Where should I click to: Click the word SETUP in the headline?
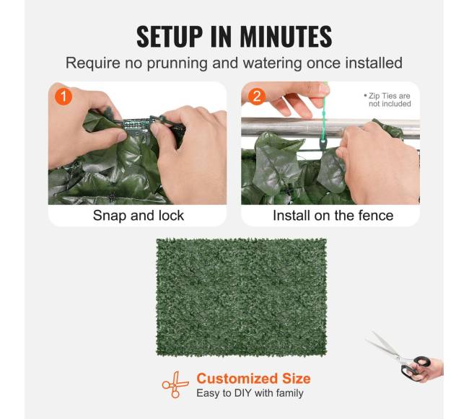[170, 37]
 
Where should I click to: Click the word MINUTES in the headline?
[286, 37]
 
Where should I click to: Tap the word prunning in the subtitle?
[177, 63]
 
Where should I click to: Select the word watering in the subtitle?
[272, 63]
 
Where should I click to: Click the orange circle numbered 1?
[63, 96]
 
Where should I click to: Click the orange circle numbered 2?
[257, 96]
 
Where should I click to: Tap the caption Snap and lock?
[139, 216]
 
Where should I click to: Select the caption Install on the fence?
[333, 216]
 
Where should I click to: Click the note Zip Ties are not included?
[387, 100]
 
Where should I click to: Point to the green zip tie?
[324, 120]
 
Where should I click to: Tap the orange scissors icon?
[175, 384]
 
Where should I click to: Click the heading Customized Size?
[253, 379]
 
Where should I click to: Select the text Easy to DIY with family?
[250, 393]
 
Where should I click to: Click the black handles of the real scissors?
[416, 367]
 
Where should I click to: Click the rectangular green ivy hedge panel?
[241, 297]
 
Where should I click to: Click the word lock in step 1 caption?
[171, 216]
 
